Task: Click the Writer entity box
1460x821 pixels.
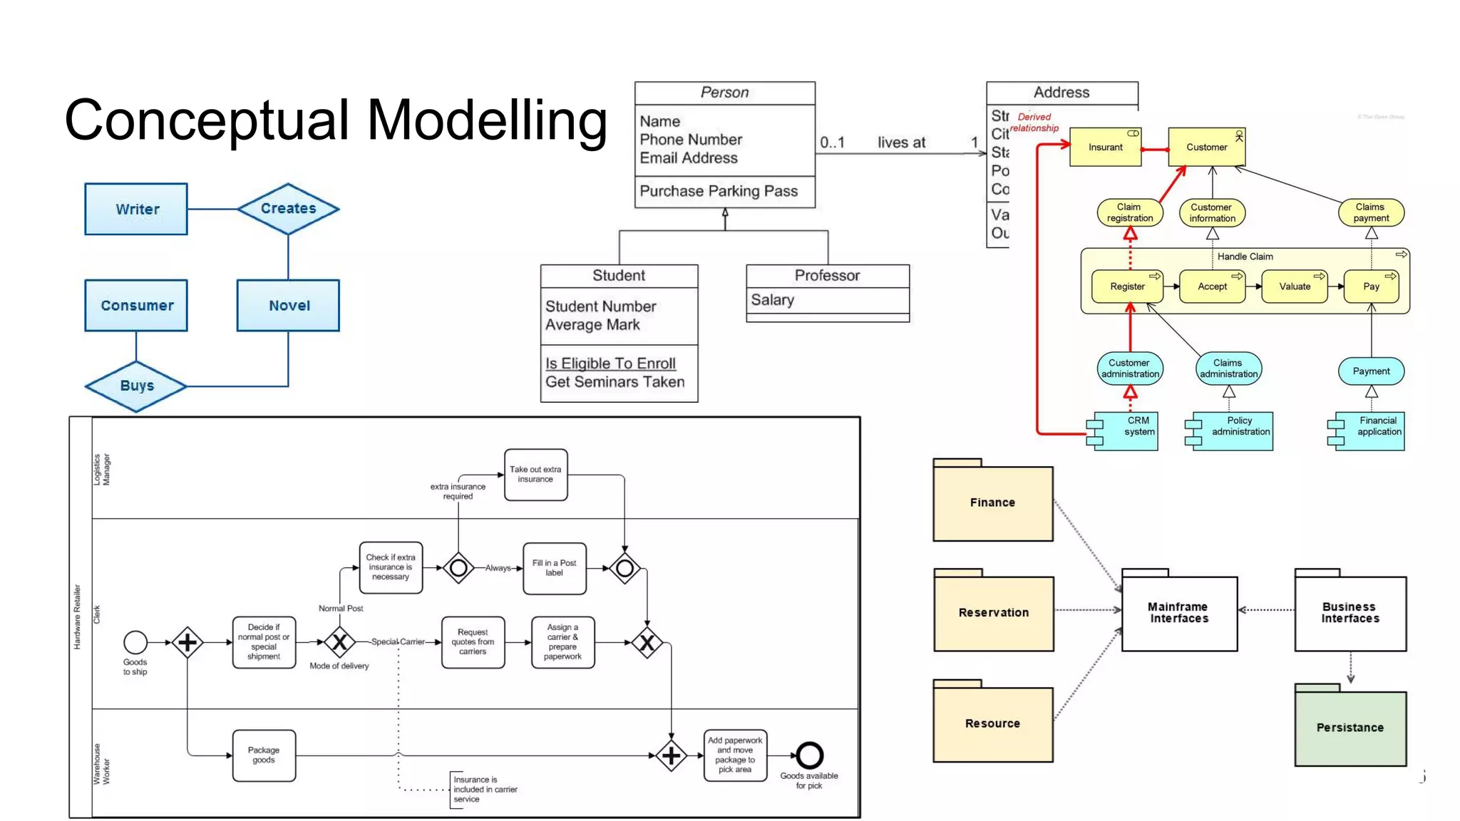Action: click(x=136, y=209)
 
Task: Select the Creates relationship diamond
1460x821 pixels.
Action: click(x=288, y=209)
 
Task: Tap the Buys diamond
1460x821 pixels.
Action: click(x=136, y=386)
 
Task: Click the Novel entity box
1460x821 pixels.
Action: click(x=288, y=305)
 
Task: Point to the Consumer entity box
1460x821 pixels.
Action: click(x=136, y=305)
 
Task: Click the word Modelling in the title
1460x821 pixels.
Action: click(x=487, y=120)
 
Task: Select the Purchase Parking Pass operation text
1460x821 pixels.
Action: click(x=718, y=191)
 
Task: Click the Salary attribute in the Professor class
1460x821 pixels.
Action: click(x=772, y=300)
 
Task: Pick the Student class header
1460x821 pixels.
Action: click(x=618, y=276)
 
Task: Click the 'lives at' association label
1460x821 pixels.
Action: click(x=901, y=143)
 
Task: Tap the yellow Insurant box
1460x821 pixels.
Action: click(x=1105, y=147)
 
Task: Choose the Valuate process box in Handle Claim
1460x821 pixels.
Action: click(x=1294, y=286)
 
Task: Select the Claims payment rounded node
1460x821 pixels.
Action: click(x=1370, y=212)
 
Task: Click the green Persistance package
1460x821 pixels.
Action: click(x=1350, y=728)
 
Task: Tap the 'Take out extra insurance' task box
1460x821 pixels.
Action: click(x=535, y=475)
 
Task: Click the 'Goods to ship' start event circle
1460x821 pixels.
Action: click(x=135, y=642)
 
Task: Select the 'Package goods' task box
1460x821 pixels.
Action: click(x=264, y=755)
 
